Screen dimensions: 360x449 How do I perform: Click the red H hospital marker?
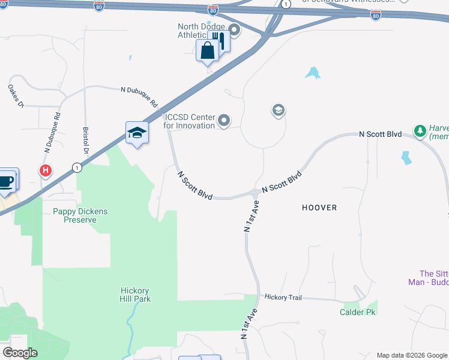[45, 171]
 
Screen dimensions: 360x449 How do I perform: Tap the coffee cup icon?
[6, 181]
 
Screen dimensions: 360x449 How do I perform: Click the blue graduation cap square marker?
[137, 133]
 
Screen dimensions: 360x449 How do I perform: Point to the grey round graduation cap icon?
[278, 110]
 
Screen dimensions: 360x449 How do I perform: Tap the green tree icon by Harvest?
[421, 130]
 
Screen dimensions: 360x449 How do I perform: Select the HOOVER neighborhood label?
[320, 208]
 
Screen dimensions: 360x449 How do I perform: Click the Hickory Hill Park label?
[134, 294]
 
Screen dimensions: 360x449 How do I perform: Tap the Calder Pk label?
[358, 312]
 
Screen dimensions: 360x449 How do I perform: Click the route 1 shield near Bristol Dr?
[77, 167]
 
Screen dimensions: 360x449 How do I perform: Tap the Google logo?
[20, 353]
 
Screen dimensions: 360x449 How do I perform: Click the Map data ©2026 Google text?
[411, 355]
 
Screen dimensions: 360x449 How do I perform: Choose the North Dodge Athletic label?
[202, 31]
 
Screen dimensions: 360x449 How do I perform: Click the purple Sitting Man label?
[434, 278]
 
